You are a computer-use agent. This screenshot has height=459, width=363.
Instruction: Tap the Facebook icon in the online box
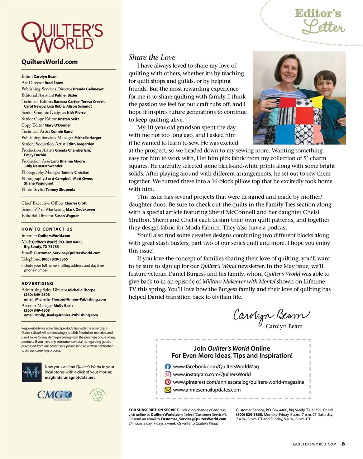point(167,366)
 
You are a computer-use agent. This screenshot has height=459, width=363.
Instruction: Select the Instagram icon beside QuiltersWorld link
point(167,374)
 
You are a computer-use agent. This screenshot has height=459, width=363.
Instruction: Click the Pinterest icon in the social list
point(167,382)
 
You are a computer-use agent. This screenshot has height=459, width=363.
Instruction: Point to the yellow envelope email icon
point(167,390)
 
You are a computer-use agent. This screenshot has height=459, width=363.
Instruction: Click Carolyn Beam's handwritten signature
point(271,315)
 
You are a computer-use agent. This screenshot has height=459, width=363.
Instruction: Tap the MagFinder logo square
point(32,372)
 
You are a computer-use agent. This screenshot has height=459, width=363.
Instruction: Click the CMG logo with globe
point(54,395)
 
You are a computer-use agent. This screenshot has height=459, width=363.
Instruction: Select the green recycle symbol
point(97,395)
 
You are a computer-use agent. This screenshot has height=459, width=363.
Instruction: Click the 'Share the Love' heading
point(152,57)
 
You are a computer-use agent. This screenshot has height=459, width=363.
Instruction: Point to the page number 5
point(343,444)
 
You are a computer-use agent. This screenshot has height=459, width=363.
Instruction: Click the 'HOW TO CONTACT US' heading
point(47,229)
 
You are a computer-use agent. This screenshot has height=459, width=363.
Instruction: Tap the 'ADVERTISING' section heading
point(37,283)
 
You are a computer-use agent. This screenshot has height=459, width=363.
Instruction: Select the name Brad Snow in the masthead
point(54,83)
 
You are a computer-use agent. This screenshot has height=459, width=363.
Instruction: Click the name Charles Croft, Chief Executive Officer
point(76,203)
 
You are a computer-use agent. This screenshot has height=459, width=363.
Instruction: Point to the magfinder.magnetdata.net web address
point(70,378)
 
